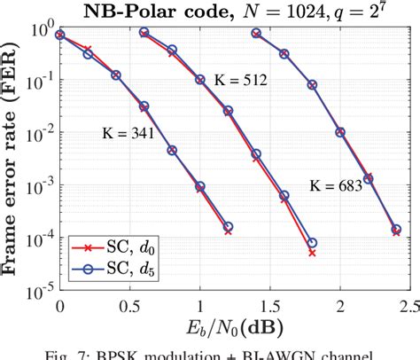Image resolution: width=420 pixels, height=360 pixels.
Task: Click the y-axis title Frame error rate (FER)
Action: coord(12,159)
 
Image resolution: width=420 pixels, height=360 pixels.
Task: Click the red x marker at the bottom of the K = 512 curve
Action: coord(312,253)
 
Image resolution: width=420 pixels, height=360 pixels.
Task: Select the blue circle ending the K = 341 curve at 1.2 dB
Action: coord(228,226)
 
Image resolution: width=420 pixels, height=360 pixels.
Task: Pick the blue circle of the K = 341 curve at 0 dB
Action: coord(59,35)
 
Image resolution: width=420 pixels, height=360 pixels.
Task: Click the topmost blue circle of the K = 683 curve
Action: coord(256,33)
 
